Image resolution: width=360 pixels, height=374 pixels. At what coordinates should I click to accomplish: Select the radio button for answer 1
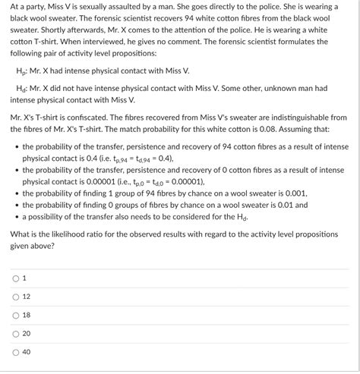pos(15,278)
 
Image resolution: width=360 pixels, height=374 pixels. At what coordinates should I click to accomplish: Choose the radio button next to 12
pos(15,296)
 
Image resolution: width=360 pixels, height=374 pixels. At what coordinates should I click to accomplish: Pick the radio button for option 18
pos(15,315)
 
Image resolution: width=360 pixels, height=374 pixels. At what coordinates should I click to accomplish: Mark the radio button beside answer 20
pos(15,333)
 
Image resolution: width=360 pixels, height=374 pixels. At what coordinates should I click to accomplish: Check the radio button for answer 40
pos(15,352)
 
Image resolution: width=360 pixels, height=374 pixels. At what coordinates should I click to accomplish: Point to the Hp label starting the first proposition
pos(21,71)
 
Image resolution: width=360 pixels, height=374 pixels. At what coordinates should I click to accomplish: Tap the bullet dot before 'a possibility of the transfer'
pos(16,217)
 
